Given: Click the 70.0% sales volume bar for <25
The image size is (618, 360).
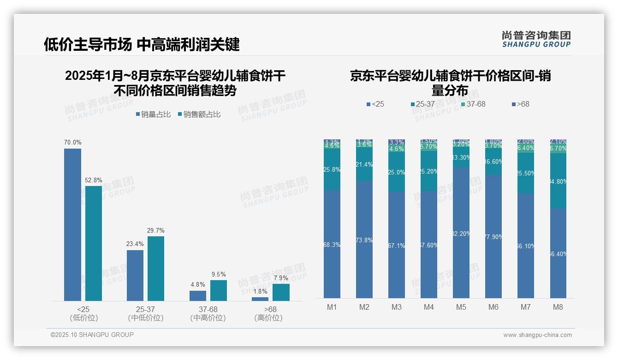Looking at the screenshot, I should coord(72,225).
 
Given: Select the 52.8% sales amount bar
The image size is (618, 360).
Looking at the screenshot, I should coord(94,243).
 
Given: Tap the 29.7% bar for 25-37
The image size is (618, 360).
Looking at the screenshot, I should coord(156,269).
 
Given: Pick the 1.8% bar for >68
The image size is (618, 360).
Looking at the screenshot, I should coord(260,299).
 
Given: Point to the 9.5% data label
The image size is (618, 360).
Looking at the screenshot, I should coord(219,275).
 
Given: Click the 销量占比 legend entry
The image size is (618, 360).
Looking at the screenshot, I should coord(153,114).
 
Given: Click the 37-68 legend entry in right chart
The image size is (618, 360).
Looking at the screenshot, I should coord(473,104).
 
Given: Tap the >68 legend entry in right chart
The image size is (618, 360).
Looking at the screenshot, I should coord(520,104).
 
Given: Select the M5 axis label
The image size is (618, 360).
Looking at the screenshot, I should coord(461,307).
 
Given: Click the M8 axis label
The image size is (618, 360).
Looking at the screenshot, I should coord(558,307).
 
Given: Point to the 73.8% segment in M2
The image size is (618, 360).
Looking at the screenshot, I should coord(364,240).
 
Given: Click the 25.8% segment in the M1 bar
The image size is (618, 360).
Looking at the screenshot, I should coord(332,169).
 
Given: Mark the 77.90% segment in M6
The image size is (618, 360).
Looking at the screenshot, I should coord(493,236).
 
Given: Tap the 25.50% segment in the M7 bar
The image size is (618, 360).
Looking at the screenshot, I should coord(526,173).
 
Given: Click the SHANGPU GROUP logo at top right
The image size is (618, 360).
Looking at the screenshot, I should coord(536,39).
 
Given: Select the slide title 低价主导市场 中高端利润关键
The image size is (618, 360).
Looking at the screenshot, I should coord(142,45).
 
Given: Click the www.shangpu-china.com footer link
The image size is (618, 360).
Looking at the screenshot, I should coord(537,335).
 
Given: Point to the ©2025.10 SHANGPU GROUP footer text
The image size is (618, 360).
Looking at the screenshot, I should coord(92,335).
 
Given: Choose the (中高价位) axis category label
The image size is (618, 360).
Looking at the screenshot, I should coord(208,318).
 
